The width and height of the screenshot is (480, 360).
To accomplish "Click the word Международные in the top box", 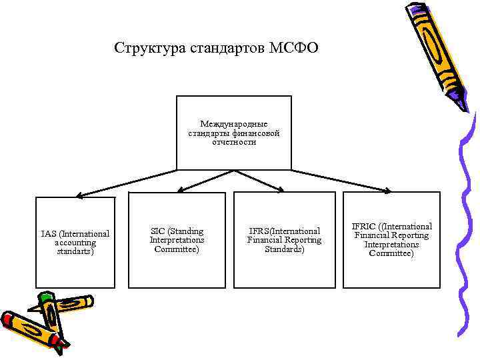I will coord(233,124).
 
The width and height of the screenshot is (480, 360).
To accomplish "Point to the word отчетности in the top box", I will coord(233,142).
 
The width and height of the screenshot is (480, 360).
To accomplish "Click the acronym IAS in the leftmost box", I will coord(49,234).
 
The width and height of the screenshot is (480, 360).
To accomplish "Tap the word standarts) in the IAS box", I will coord(75,251).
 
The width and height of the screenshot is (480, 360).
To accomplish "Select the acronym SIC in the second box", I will coord(157,231).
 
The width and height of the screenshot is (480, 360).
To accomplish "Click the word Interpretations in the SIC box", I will coord(177,240).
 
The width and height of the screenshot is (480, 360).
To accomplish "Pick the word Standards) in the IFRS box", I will coord(284,249).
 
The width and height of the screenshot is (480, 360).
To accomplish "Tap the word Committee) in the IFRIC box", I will coord(391,253).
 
